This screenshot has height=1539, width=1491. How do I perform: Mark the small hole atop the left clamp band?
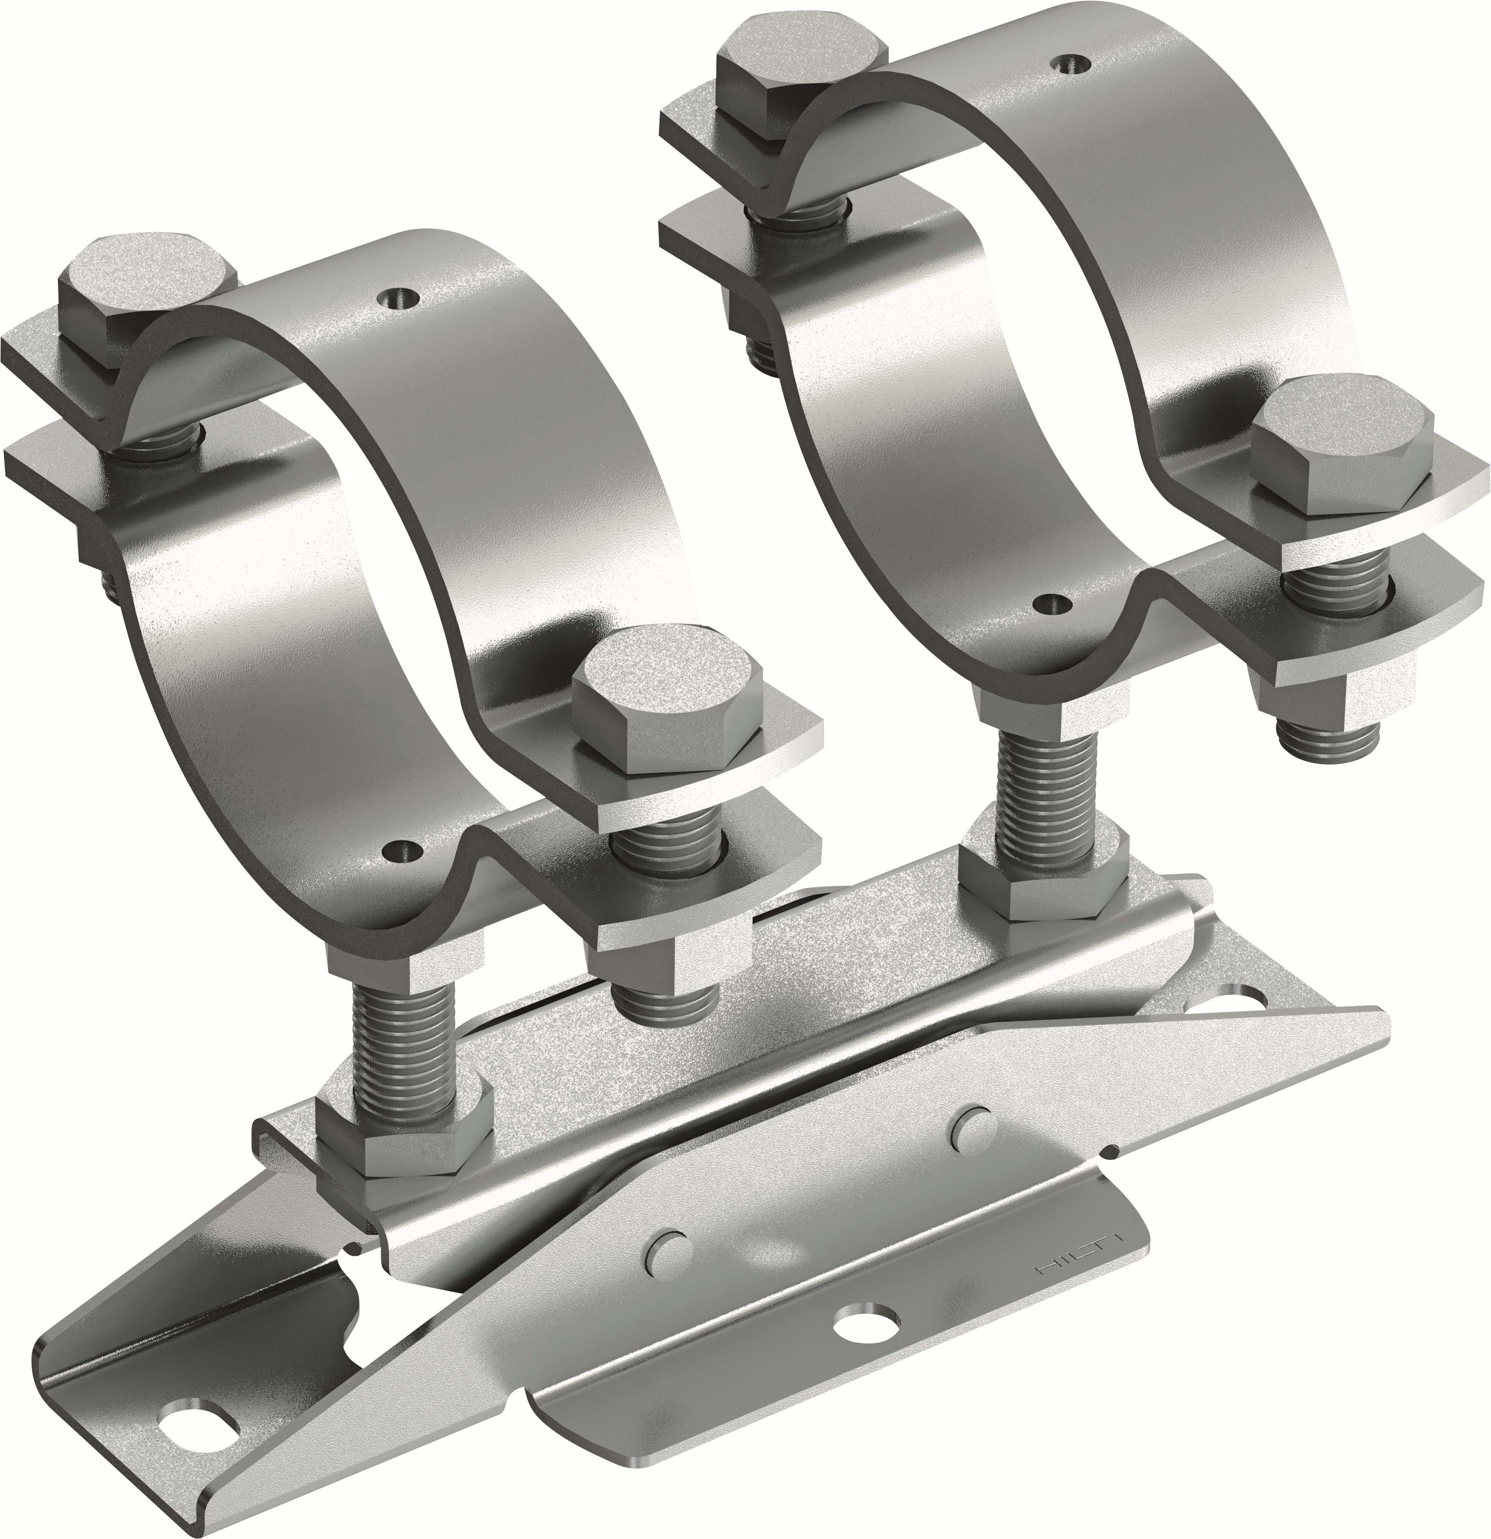click(x=397, y=297)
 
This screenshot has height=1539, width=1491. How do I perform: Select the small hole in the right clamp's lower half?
click(x=1052, y=603)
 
